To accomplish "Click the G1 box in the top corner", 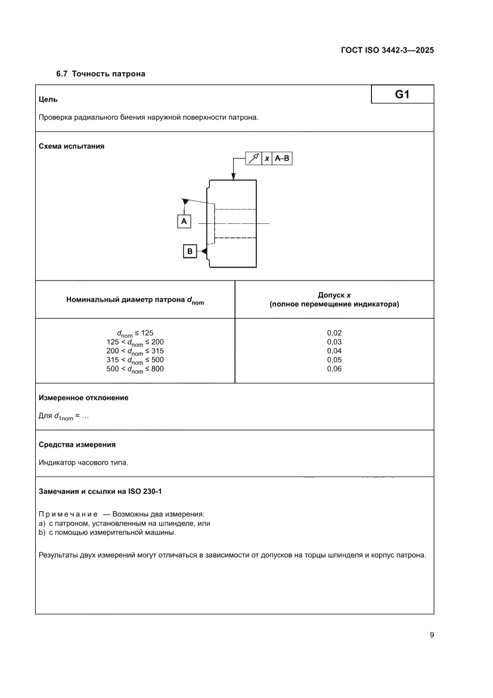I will click(402, 94).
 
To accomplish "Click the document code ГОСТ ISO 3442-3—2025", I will click(383, 50).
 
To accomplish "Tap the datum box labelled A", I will click(184, 222).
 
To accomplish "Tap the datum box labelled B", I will click(190, 252).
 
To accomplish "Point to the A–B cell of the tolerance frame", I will click(283, 158).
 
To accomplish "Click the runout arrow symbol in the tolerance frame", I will click(254, 158).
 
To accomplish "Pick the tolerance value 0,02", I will click(334, 333).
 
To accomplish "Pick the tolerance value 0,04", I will click(334, 350).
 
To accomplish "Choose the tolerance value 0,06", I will click(334, 368).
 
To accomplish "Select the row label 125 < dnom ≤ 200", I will click(135, 342).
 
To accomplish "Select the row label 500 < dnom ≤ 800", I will click(135, 370).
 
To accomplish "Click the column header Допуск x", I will click(334, 295).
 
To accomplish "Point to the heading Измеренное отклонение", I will click(83, 398).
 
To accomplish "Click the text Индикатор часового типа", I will click(83, 462).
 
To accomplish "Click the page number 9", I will click(431, 635).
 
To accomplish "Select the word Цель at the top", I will click(48, 99).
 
